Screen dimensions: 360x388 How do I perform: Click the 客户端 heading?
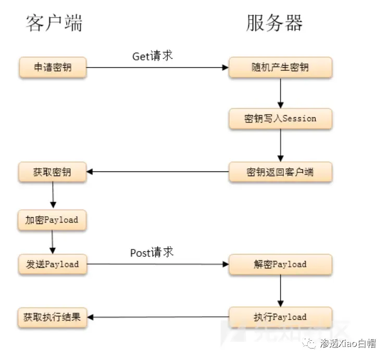click(x=54, y=23)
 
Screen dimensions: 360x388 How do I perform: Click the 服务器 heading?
click(x=274, y=23)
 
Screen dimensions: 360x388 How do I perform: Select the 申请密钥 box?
click(x=53, y=68)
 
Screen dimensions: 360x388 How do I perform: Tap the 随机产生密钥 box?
click(x=280, y=68)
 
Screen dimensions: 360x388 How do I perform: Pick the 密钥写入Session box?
click(x=280, y=119)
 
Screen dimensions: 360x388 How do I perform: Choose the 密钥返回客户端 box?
click(x=280, y=172)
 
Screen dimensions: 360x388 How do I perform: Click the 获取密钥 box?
click(x=53, y=172)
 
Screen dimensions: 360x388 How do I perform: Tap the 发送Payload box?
click(x=52, y=264)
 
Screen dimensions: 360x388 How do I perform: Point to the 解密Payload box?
click(x=280, y=264)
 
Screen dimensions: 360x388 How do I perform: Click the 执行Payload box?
click(x=280, y=317)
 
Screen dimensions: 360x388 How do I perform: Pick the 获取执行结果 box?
click(x=52, y=317)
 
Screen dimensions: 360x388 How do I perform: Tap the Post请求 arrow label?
click(x=152, y=253)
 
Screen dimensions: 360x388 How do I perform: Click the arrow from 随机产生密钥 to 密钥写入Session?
click(x=281, y=93)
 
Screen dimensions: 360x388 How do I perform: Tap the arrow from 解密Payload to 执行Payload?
click(x=281, y=290)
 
